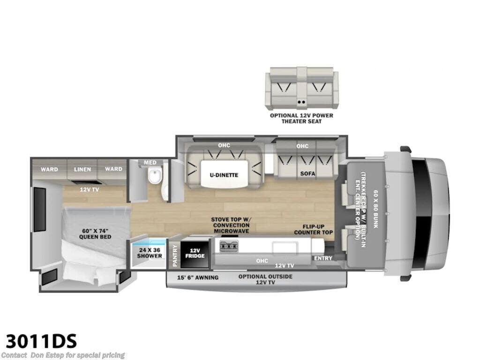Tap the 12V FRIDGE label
coord(195,253)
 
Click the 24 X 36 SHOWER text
coord(150,253)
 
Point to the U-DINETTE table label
coord(224,175)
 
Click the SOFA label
coord(307,173)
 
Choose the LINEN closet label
coord(82,169)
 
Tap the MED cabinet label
coord(150,163)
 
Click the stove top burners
coord(229,247)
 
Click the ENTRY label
coord(323,258)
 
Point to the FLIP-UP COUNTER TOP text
coord(314,229)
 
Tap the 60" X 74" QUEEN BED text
coord(95,234)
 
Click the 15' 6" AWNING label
coord(198,277)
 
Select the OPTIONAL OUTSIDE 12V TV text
coord(265,279)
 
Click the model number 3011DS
coord(41,341)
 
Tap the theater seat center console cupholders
coord(301,102)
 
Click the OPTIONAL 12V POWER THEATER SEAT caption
coord(301,119)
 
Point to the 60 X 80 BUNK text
coord(375,209)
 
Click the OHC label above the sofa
coord(302,146)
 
